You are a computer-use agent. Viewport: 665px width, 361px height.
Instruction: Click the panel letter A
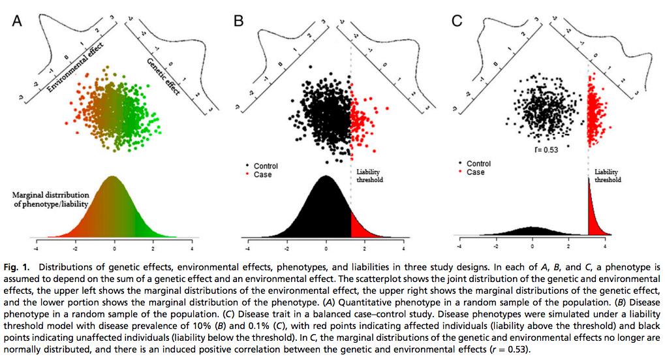[18, 22]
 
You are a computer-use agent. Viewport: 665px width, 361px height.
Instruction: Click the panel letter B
[238, 22]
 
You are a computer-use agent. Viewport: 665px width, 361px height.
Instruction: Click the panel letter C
[457, 22]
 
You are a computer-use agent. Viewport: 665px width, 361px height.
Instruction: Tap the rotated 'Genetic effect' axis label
[164, 74]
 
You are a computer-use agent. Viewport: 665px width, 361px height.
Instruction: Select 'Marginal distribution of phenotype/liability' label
[51, 198]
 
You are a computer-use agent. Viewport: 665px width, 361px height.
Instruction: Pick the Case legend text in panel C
[475, 172]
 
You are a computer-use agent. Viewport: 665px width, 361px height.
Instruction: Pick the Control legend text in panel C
[480, 164]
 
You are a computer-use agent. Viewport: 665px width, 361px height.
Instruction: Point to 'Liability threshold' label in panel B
[369, 176]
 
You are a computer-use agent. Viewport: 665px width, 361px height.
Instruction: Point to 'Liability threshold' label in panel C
[608, 176]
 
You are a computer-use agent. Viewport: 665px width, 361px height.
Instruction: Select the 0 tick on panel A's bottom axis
[114, 249]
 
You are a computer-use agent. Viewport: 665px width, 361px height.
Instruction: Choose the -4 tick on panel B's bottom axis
[247, 249]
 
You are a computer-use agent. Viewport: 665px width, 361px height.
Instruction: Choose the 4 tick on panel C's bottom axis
[606, 248]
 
